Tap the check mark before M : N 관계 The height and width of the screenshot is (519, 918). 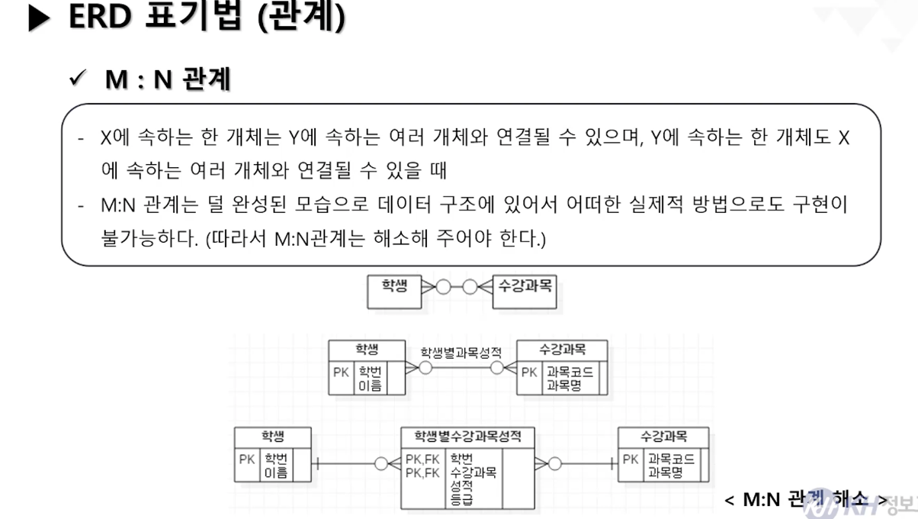76,79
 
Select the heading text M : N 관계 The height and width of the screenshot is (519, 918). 168,79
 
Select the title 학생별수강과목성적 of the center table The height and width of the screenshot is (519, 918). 467,437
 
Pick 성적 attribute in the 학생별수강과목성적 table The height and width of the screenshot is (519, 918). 461,485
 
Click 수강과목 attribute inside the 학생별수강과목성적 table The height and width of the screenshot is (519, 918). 473,472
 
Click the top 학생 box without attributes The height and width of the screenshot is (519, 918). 394,289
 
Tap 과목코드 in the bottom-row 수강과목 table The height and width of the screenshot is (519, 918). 671,459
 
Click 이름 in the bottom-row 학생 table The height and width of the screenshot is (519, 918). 276,472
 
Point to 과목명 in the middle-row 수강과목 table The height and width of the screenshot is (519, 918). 563,385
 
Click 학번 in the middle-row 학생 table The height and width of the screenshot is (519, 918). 371,372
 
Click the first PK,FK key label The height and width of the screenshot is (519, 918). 422,459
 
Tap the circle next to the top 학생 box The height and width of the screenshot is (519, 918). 442,288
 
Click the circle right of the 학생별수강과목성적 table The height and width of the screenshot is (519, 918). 554,463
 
